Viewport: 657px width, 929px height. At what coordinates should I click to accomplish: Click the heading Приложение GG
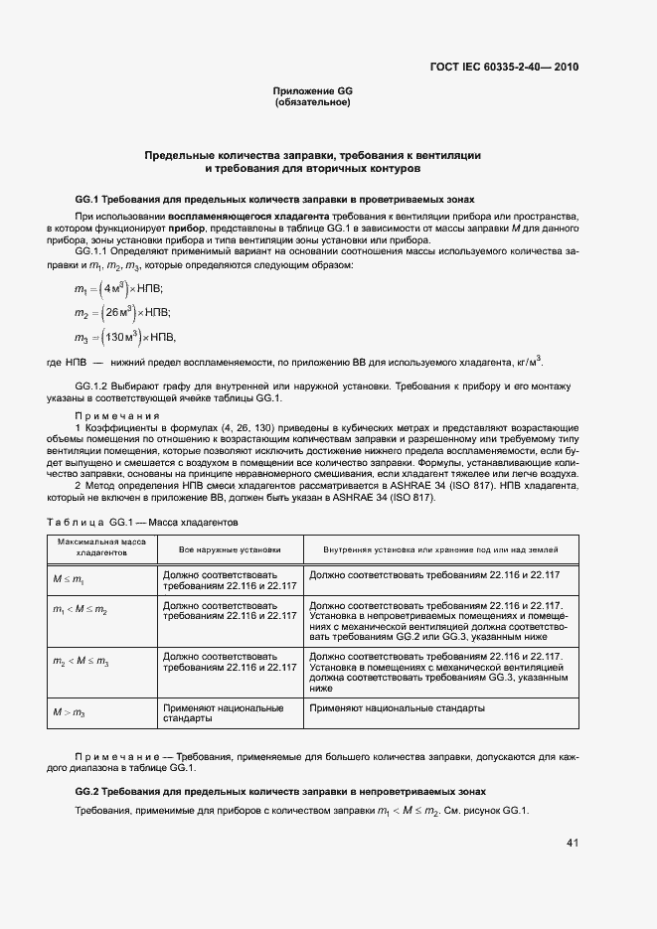(313, 90)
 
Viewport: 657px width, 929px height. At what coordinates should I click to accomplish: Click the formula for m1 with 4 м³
(118, 288)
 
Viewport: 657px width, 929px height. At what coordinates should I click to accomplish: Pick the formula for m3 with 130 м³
(124, 338)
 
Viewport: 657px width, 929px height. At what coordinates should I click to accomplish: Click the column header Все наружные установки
(230, 549)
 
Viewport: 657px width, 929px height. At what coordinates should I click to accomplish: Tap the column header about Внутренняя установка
(440, 549)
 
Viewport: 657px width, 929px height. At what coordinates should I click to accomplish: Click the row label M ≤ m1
(69, 577)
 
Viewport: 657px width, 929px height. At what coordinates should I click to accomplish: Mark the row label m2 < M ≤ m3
(81, 661)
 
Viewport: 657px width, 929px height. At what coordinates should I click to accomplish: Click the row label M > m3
(69, 712)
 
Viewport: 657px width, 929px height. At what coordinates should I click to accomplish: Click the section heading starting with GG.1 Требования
(267, 199)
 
